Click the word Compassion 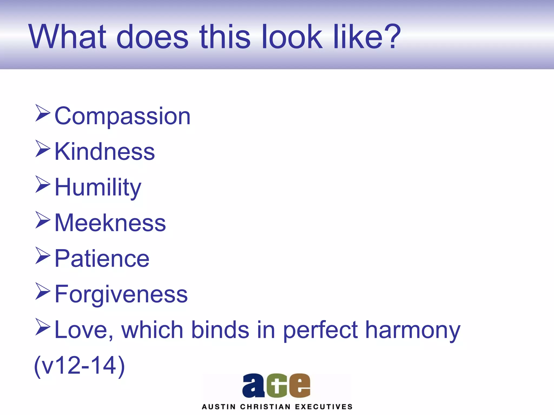[123, 116]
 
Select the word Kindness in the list [105, 152]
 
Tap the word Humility [98, 188]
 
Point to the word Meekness [110, 223]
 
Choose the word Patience [102, 259]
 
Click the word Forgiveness [121, 294]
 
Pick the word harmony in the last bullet [413, 330]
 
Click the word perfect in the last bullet [321, 330]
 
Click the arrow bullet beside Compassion [43, 113]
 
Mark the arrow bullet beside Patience [43, 256]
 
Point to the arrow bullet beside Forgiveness [43, 292]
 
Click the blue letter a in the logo [253, 386]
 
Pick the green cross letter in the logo [276, 386]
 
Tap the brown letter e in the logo [299, 386]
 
